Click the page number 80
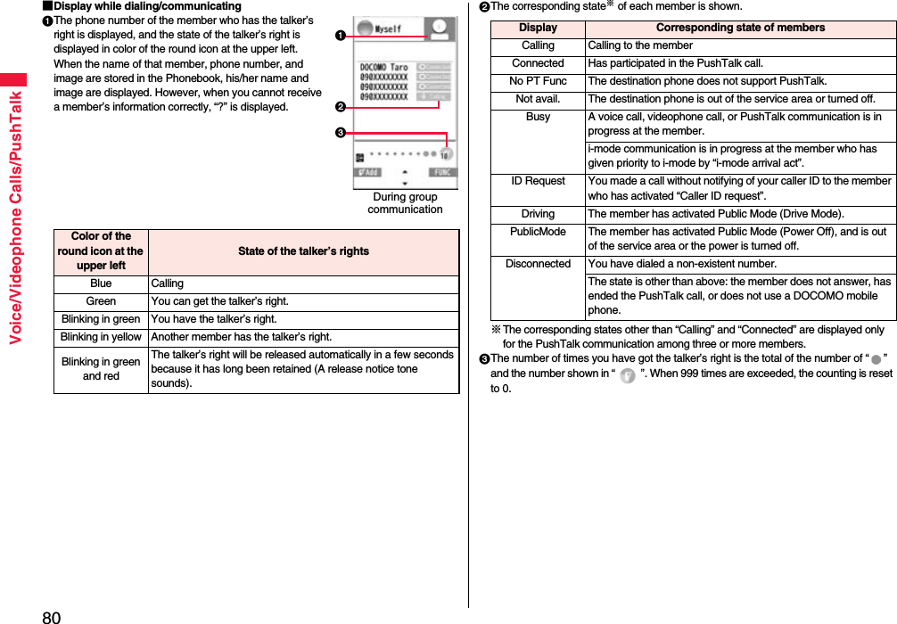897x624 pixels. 52,616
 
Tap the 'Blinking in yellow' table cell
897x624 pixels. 101,337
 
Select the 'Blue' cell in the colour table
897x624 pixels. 101,283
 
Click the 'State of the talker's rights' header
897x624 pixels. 303,251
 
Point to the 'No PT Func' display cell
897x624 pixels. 538,81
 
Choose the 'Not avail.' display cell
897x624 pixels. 538,99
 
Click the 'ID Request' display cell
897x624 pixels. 538,181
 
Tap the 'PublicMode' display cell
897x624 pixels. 538,232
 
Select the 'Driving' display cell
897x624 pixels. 538,214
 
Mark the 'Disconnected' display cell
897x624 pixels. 538,264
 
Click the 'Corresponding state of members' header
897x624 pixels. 740,28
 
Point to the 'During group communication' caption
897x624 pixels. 405,203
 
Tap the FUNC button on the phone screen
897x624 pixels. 441,172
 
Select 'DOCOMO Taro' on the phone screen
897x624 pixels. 384,67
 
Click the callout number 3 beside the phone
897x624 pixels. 340,133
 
